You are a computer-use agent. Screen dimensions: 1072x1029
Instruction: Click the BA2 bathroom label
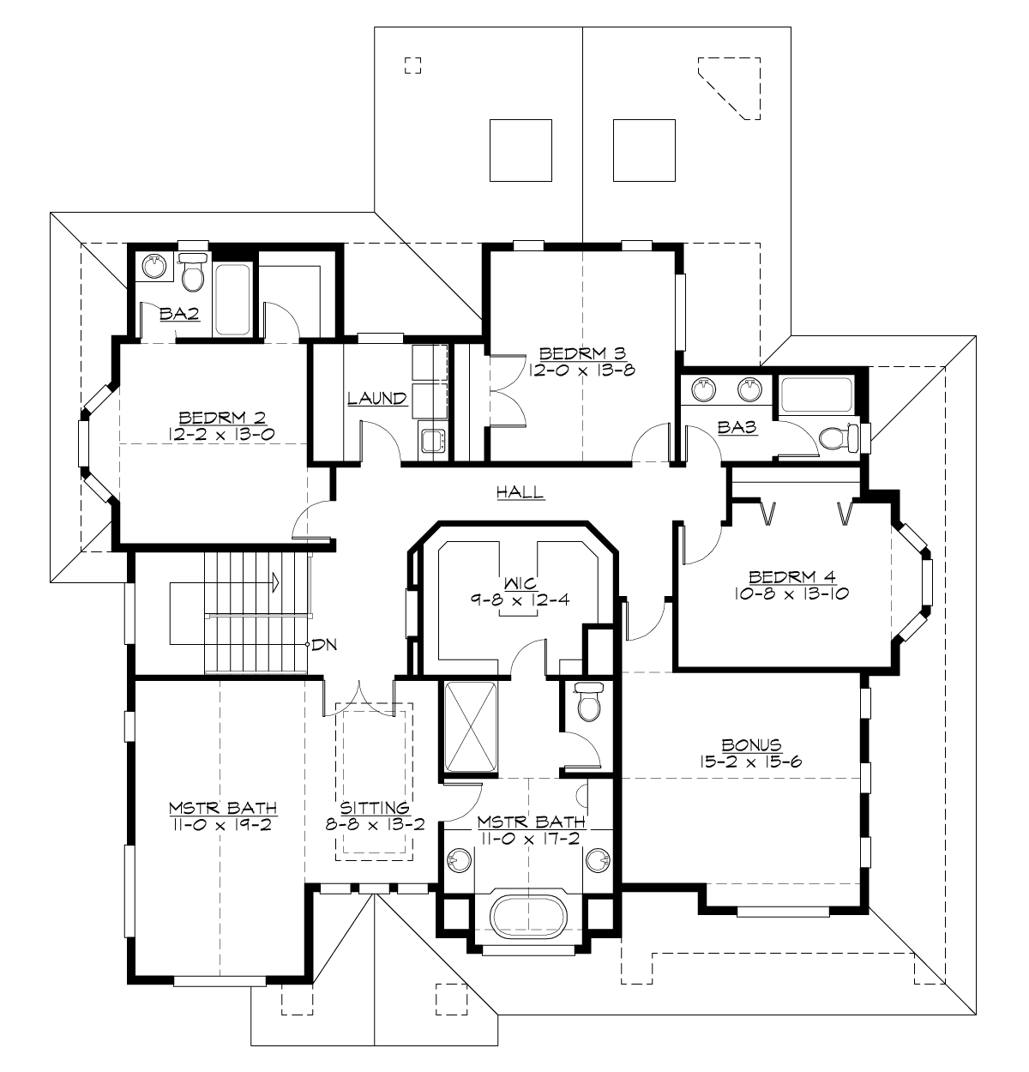pos(180,315)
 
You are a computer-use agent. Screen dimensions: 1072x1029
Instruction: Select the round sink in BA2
pos(154,267)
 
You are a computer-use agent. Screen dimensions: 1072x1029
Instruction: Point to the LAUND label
pos(376,399)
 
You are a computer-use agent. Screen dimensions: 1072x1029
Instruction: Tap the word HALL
pos(520,492)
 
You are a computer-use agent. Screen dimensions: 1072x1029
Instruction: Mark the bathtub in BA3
pos(817,396)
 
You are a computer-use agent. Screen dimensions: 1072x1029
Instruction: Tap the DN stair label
pos(324,645)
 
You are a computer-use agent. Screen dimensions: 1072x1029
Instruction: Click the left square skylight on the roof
pos(520,150)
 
